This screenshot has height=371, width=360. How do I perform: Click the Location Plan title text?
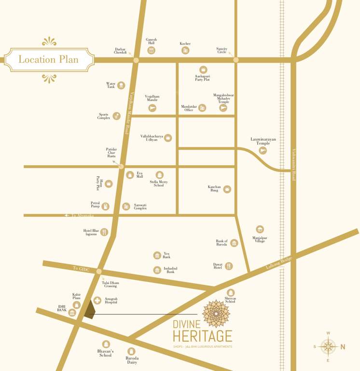click(x=48, y=60)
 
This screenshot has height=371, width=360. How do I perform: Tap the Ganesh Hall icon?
click(x=152, y=50)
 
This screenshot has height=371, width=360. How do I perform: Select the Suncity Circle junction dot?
click(x=235, y=60)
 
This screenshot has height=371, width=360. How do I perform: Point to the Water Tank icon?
click(x=121, y=86)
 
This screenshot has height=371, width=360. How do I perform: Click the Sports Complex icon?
click(x=116, y=116)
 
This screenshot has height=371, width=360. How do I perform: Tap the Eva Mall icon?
click(x=129, y=175)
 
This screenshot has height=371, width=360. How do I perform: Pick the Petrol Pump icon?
click(x=105, y=206)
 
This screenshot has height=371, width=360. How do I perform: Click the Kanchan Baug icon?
click(x=227, y=189)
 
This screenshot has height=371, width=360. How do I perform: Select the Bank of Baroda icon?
click(x=234, y=243)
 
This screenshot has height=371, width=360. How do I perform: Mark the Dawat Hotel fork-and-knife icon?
click(x=229, y=266)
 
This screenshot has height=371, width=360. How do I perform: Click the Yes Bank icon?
click(x=157, y=255)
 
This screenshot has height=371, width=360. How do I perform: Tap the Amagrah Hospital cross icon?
click(x=97, y=300)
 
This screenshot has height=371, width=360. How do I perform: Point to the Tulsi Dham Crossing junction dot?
click(x=99, y=271)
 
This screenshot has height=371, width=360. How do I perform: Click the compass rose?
click(x=328, y=346)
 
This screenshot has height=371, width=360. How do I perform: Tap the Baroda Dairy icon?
click(x=131, y=351)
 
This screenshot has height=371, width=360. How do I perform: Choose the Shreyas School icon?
click(x=231, y=293)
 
